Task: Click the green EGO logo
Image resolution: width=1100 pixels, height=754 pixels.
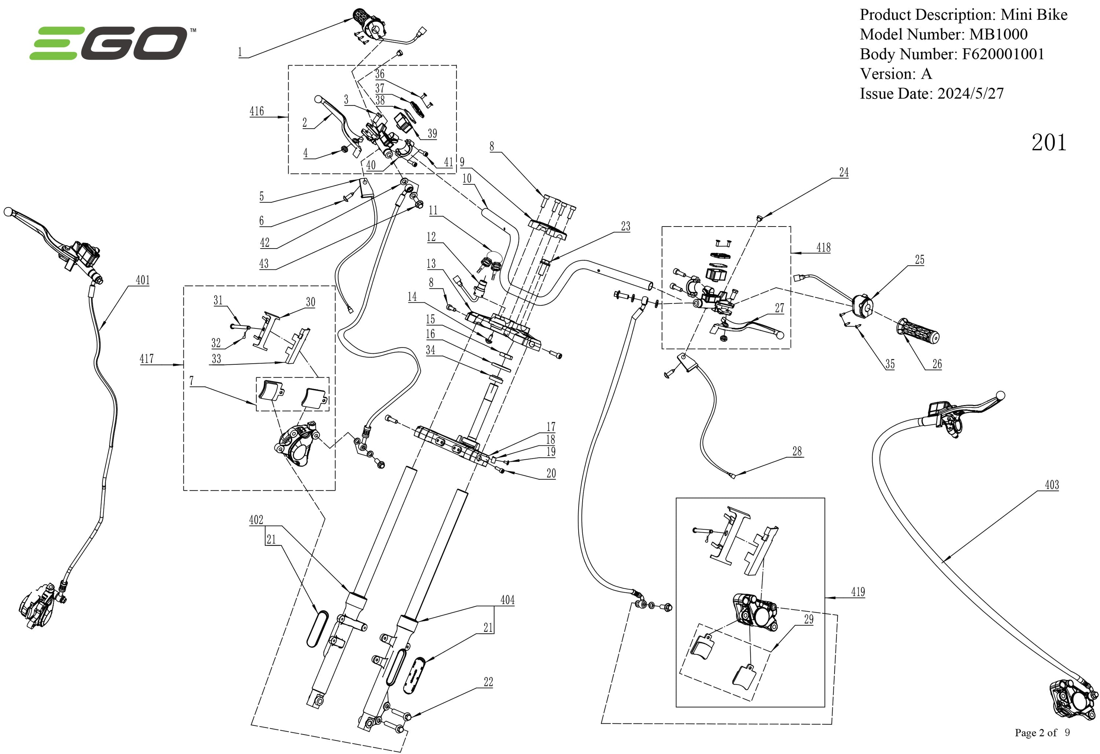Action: [109, 43]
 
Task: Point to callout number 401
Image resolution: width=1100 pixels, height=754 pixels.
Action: [143, 280]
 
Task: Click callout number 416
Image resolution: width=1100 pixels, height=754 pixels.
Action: [257, 111]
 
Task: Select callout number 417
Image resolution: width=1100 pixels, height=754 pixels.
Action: [147, 359]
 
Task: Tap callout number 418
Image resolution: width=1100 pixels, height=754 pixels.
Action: [823, 247]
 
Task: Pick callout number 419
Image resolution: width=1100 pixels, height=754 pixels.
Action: [858, 592]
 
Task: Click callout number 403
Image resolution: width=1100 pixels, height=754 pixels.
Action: [1052, 485]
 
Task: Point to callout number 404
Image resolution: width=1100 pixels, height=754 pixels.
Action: [507, 600]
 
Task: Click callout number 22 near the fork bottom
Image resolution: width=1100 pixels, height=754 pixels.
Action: [488, 682]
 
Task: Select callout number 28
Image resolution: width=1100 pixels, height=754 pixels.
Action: [797, 451]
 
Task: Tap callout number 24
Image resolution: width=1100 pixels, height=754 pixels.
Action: [843, 172]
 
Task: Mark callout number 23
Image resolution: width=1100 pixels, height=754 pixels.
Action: [625, 226]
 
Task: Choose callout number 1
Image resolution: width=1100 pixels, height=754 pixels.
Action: [241, 52]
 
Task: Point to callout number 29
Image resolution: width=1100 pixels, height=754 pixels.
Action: [808, 619]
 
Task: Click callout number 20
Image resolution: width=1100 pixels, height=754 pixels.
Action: [551, 473]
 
